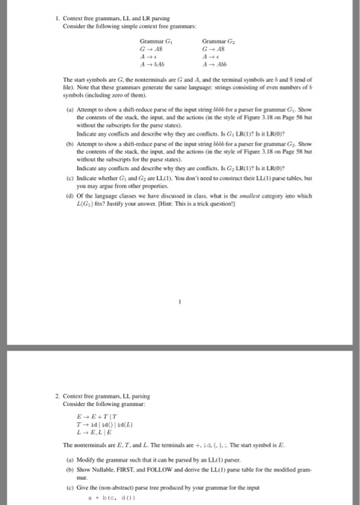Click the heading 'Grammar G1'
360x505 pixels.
pyautogui.click(x=154, y=41)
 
